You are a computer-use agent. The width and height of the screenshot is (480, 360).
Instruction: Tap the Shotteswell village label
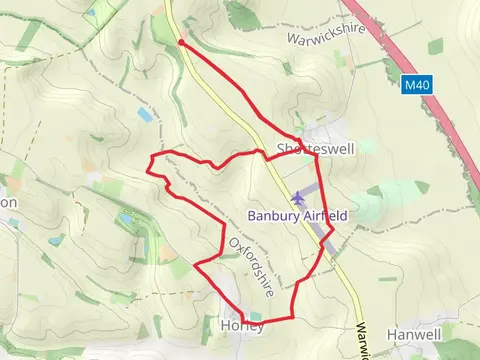312,150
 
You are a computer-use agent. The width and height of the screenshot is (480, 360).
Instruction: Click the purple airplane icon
298,198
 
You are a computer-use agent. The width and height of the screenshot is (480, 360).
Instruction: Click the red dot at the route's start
180,42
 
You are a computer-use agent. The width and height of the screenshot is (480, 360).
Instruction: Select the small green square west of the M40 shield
435,46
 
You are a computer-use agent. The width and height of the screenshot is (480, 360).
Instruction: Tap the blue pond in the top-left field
94,13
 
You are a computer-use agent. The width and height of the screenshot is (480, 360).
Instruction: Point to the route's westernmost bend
150,172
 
